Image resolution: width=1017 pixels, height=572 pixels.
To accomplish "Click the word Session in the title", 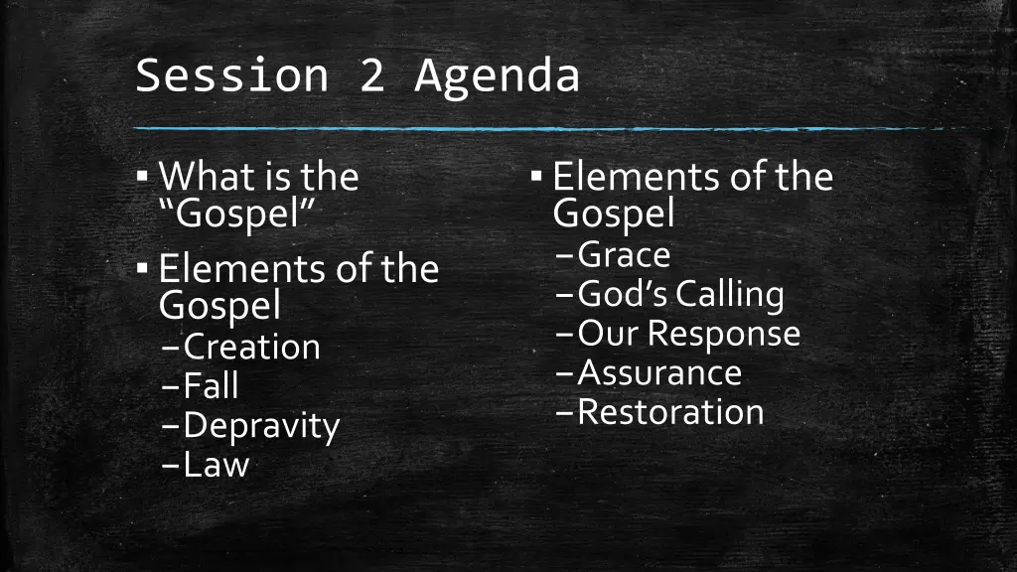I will [x=230, y=76].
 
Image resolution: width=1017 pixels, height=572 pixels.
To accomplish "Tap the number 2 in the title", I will [x=371, y=76].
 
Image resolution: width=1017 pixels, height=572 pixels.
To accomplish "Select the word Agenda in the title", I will [x=497, y=76].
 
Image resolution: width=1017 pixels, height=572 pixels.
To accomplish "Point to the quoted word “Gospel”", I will [x=237, y=213].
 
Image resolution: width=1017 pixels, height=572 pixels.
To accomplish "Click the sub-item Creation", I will [x=252, y=347].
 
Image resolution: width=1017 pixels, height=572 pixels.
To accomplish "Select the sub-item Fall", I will [x=211, y=386].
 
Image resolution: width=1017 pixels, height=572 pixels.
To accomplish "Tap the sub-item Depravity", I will [x=261, y=426].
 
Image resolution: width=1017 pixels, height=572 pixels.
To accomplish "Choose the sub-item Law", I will [x=216, y=465].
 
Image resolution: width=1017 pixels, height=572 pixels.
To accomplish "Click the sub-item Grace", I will [x=624, y=255].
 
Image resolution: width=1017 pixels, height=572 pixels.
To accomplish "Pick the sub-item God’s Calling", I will [x=680, y=294].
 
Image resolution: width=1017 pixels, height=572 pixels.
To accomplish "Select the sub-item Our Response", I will [x=688, y=333].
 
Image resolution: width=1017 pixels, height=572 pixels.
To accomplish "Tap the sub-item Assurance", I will [x=659, y=372].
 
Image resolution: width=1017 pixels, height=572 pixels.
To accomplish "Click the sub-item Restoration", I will [x=670, y=411].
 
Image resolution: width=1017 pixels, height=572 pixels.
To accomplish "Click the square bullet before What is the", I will [x=143, y=177].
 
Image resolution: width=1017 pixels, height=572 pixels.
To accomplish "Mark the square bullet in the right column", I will [x=536, y=177].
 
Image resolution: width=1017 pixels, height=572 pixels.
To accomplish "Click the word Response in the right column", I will [x=724, y=334].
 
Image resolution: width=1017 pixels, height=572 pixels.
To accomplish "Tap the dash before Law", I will [x=170, y=466].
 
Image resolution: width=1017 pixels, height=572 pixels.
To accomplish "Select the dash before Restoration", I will [x=564, y=412].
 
